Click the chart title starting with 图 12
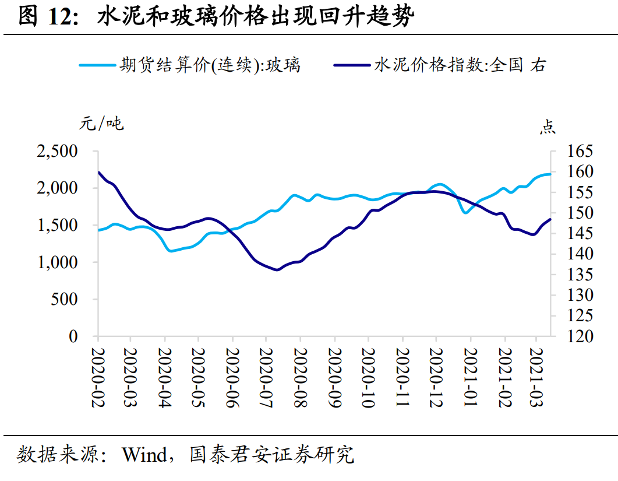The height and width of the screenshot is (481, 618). [216, 17]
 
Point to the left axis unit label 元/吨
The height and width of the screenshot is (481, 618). [101, 124]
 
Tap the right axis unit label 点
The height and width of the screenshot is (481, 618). [547, 127]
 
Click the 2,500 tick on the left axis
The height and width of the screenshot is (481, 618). [57, 152]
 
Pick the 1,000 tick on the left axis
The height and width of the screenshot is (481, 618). [57, 263]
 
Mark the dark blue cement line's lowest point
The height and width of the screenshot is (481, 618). [277, 270]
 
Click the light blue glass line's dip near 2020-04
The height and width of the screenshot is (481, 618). [171, 251]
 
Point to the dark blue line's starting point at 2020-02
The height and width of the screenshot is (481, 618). [98, 172]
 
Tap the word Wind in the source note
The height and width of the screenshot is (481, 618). [144, 455]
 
